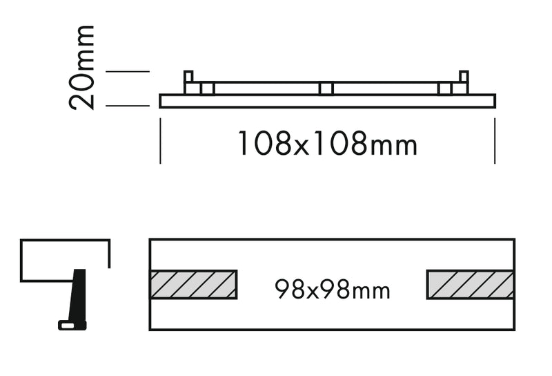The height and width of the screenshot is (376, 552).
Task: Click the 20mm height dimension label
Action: coord(81,67)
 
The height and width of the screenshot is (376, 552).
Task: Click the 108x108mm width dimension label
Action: coord(328,143)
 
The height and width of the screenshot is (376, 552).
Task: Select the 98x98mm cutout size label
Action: coord(333,290)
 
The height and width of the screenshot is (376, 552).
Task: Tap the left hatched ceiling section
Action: coord(193,284)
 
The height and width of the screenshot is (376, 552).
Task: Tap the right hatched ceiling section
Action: coord(471,284)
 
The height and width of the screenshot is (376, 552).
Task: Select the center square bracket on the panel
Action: coord(326,88)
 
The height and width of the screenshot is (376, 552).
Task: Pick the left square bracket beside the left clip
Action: coord(208,88)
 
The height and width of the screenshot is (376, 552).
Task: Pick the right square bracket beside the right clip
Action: coord(445,88)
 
